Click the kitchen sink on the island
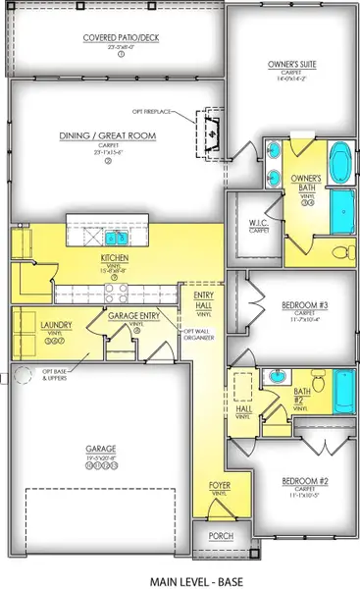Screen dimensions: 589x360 (x=117, y=238)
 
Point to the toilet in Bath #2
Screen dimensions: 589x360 (x=316, y=380)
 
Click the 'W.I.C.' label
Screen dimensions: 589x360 (x=259, y=222)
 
